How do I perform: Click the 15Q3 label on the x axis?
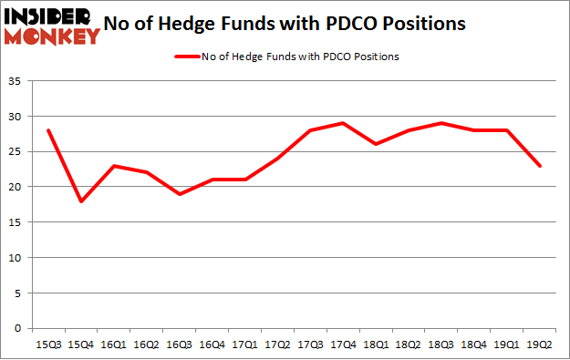[x=48, y=344]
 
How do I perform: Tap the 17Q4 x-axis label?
[x=344, y=344]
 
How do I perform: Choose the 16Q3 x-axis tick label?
[x=180, y=344]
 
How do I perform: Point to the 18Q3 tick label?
[x=443, y=344]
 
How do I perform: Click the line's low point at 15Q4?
[x=81, y=201]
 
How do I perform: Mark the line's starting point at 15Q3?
[x=48, y=130]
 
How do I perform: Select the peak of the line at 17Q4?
[x=344, y=123]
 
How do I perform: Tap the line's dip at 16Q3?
[x=180, y=194]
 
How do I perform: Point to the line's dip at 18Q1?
[x=378, y=144]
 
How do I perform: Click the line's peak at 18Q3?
[x=443, y=123]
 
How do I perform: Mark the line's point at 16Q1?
[x=114, y=166]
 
